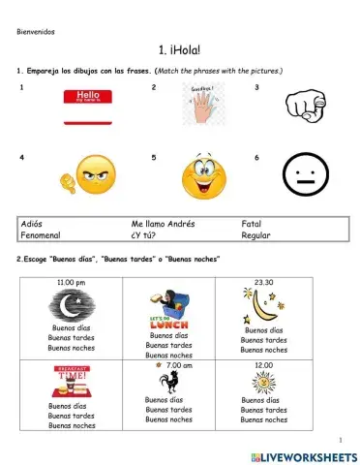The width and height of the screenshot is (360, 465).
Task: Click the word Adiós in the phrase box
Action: tap(32, 224)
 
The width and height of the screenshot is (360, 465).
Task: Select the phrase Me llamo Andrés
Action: tap(163, 224)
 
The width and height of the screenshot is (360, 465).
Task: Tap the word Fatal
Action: tap(252, 224)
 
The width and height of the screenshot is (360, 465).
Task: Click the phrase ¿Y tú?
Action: tap(145, 234)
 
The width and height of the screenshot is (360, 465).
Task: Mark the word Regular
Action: tap(256, 234)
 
